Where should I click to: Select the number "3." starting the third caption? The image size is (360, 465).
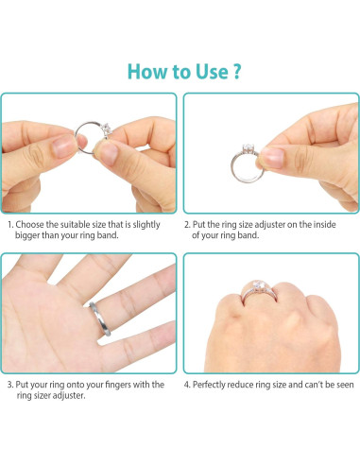pyautogui.click(x=10, y=385)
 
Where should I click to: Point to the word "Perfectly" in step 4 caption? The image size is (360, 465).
pyautogui.click(x=216, y=385)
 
